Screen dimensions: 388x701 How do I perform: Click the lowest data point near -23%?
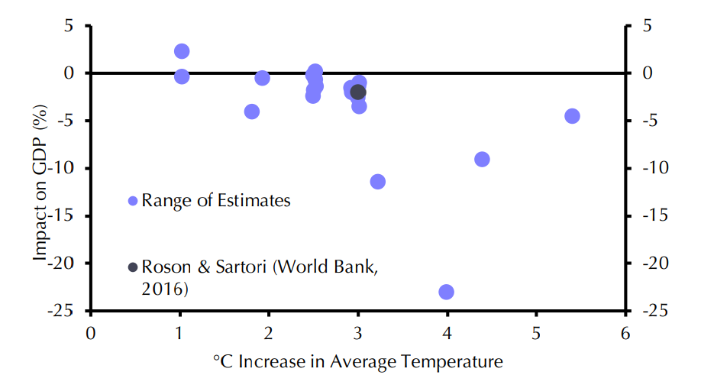(x=447, y=292)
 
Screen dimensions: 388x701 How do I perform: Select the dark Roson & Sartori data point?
(x=357, y=92)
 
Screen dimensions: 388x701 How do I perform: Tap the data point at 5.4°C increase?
(x=572, y=116)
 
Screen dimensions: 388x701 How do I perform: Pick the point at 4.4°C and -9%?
(x=482, y=159)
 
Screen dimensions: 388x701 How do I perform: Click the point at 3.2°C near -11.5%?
(x=377, y=182)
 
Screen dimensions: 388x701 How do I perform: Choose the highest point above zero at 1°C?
(x=182, y=51)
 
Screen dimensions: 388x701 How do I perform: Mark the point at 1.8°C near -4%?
(x=252, y=112)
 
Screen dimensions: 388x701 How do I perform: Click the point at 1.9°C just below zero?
(x=262, y=78)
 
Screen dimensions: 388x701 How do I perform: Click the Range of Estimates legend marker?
(x=133, y=201)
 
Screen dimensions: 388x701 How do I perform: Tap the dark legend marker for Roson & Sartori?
(x=133, y=267)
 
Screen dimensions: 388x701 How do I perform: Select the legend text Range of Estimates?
(x=216, y=201)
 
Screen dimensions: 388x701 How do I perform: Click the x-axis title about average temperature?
(x=357, y=361)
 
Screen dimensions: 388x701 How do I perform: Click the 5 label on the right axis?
(x=644, y=26)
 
